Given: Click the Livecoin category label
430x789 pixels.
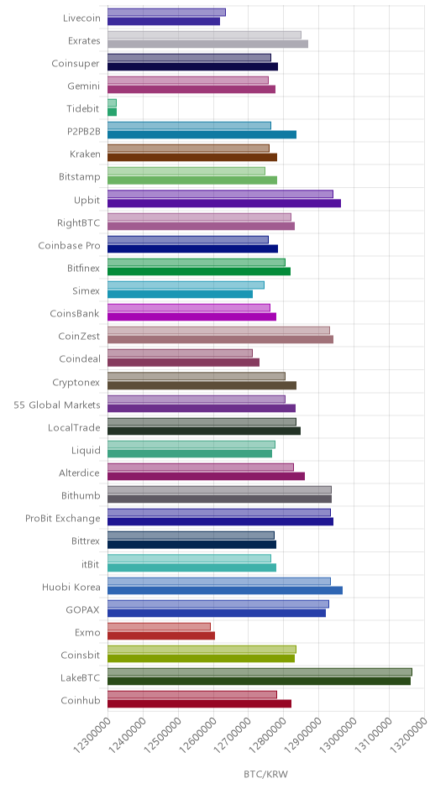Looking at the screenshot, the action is [x=81, y=18].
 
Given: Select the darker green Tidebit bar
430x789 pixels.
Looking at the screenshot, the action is [x=112, y=112].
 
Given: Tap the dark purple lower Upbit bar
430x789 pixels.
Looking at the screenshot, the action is [x=224, y=203].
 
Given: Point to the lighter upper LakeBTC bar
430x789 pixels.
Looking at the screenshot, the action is [x=260, y=671].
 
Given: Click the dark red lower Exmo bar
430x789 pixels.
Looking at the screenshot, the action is [x=161, y=635].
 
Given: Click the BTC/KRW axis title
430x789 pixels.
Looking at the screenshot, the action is [x=266, y=774].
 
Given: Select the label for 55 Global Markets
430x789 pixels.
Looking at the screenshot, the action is [x=57, y=405].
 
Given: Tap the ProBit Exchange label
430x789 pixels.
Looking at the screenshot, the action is [x=63, y=518].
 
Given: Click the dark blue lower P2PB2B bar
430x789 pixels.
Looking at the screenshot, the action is [x=202, y=134].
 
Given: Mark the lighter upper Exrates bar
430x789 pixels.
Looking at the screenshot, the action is [x=204, y=34].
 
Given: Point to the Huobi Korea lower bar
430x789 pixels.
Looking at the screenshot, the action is [x=225, y=590].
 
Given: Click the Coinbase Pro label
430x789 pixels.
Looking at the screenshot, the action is [x=69, y=246].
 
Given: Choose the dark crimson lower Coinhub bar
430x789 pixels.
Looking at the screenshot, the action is [x=199, y=704].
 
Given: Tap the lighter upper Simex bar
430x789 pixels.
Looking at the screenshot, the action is [x=186, y=285].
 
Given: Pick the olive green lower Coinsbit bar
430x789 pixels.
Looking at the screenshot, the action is [x=202, y=658].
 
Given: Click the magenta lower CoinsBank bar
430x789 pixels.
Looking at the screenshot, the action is [x=191, y=316].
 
